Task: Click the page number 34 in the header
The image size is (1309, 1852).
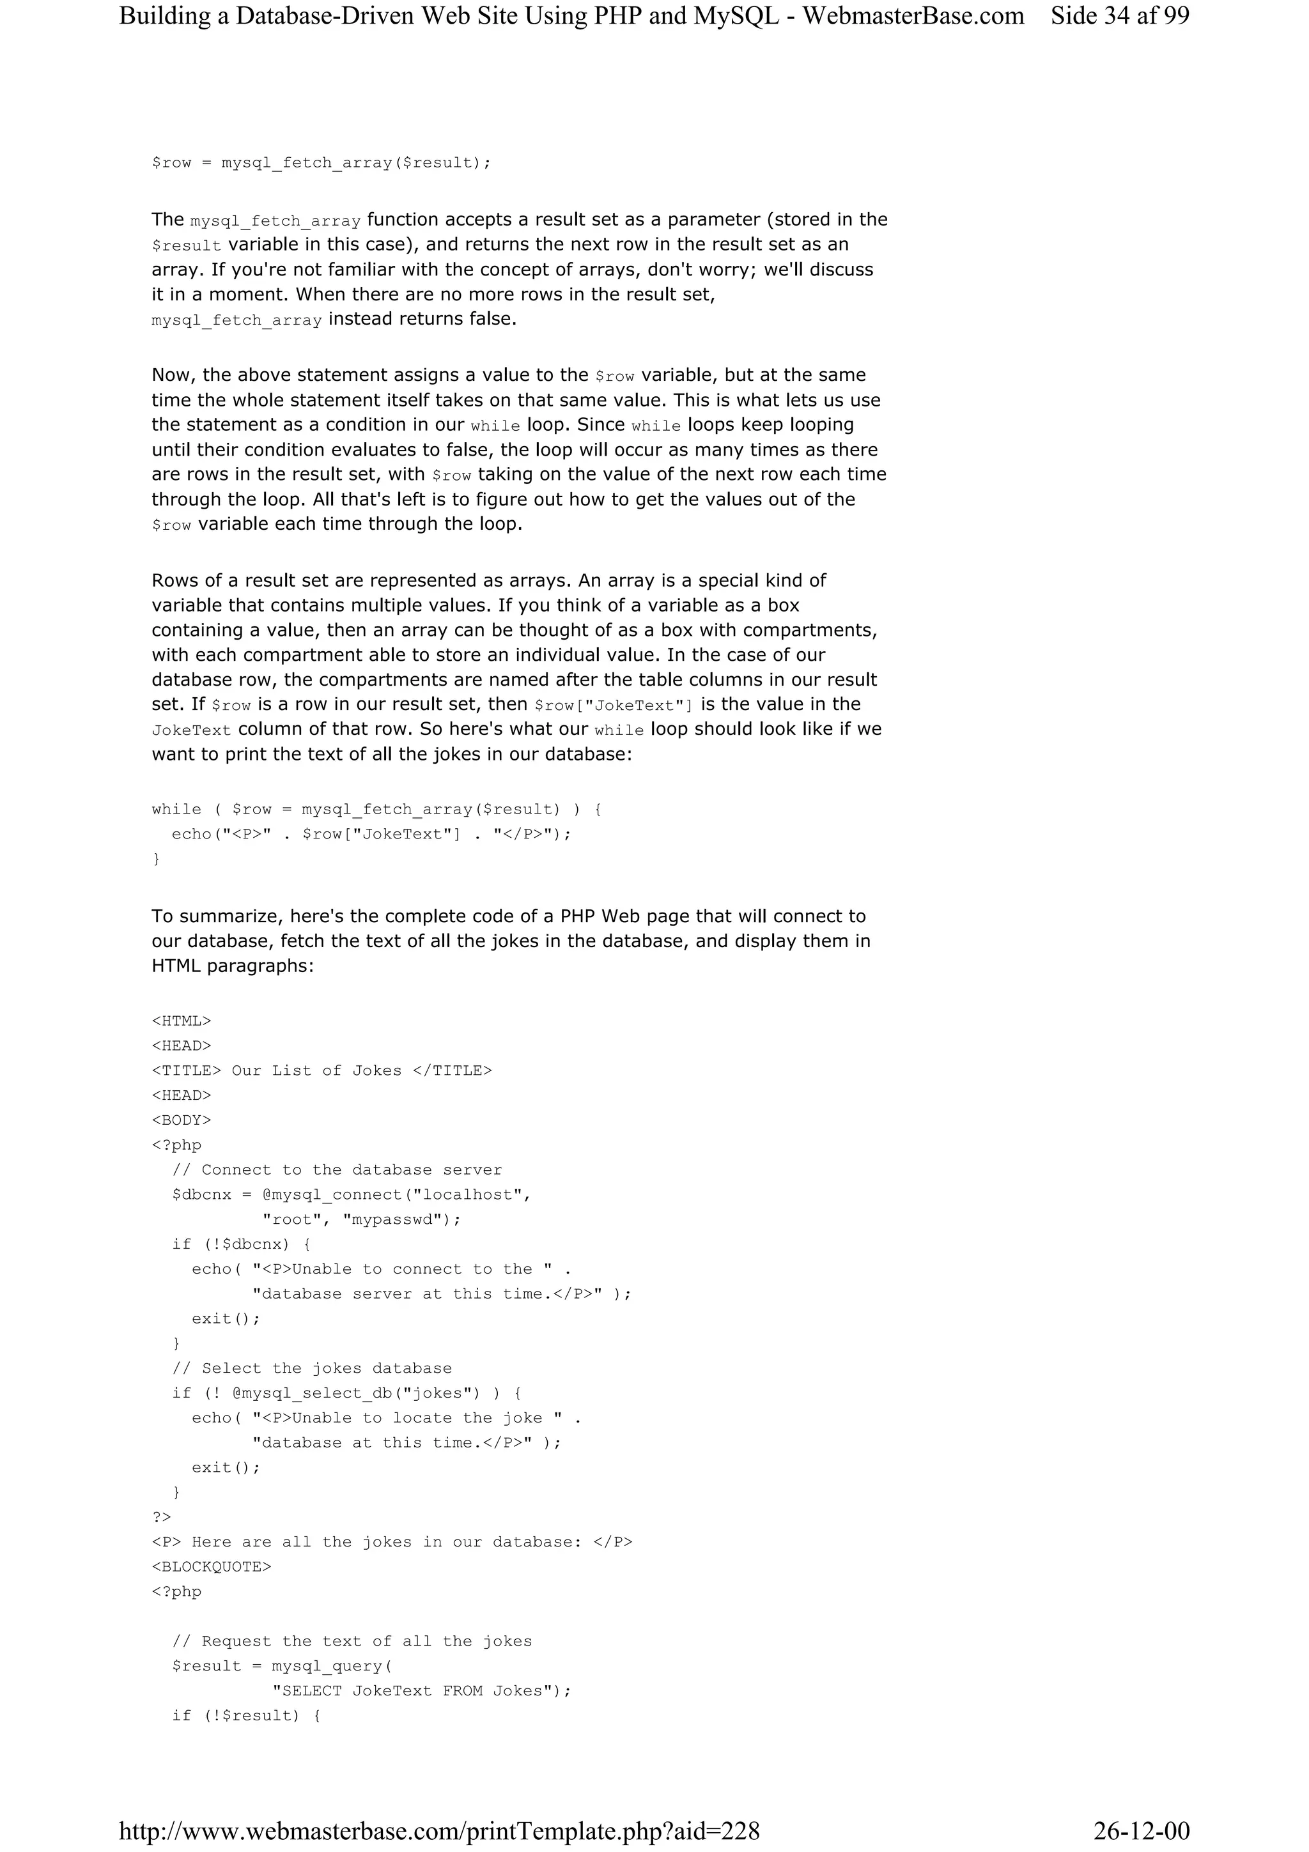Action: pyautogui.click(x=1117, y=16)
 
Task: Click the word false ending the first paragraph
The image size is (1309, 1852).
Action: pyautogui.click(x=490, y=320)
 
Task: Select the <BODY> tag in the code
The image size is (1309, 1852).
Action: pyautogui.click(x=182, y=1120)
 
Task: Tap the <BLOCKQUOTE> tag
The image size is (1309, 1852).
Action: pyautogui.click(x=212, y=1567)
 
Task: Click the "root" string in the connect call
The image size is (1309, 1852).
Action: pyautogui.click(x=293, y=1219)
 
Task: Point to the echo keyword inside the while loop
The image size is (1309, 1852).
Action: pyautogui.click(x=191, y=835)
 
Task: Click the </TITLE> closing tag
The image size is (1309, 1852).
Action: pyautogui.click(x=452, y=1071)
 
